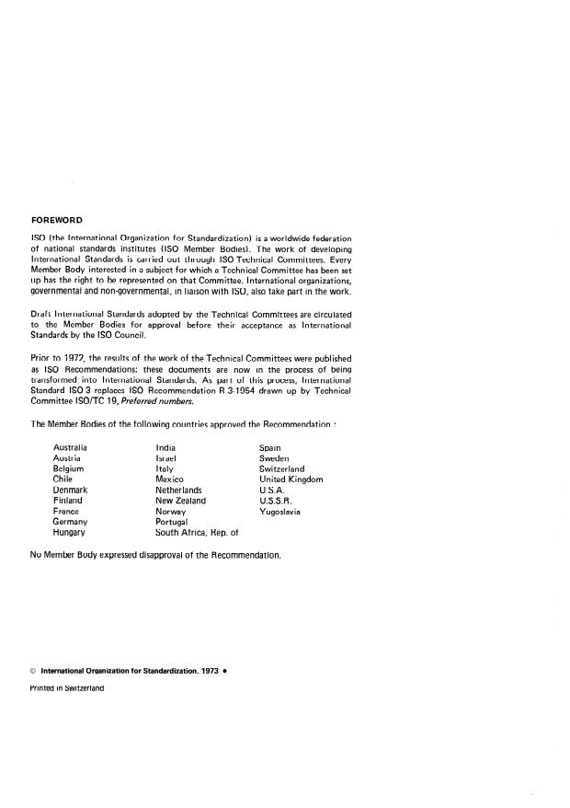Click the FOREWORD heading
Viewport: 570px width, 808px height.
(57, 220)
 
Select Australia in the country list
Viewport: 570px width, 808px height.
(71, 447)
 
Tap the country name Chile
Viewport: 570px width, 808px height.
(63, 479)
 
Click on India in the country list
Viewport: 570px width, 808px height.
(166, 447)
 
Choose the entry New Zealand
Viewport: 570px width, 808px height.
(181, 501)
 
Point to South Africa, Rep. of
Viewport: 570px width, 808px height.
(197, 532)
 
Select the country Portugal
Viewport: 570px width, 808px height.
(173, 522)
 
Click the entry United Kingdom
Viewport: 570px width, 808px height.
(291, 479)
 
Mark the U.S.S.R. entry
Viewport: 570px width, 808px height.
(275, 501)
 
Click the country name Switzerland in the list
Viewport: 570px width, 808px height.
(282, 468)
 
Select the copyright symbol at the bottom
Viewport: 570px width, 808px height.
(34, 671)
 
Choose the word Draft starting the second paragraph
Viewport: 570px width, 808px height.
(41, 314)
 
